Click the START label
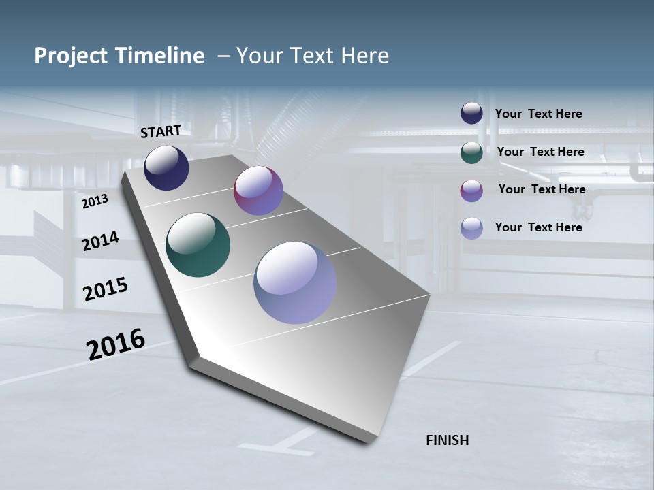coord(161,131)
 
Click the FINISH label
coord(447,440)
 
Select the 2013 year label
coord(95,202)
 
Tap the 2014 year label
coord(100,241)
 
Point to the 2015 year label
coord(105,289)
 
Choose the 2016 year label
coord(116,344)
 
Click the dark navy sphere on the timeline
coord(166,168)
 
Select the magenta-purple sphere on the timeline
coord(258,191)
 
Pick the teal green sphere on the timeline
coord(198,245)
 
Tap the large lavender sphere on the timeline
coord(295,282)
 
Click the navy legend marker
coord(471,114)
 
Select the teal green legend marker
coord(471,152)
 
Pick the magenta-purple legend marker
coord(471,191)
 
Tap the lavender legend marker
coord(471,228)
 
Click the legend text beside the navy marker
coord(538,114)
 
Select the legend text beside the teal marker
coord(540,152)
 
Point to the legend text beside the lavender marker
coord(538,227)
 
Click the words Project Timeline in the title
coord(119,56)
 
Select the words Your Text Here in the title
coord(313,56)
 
